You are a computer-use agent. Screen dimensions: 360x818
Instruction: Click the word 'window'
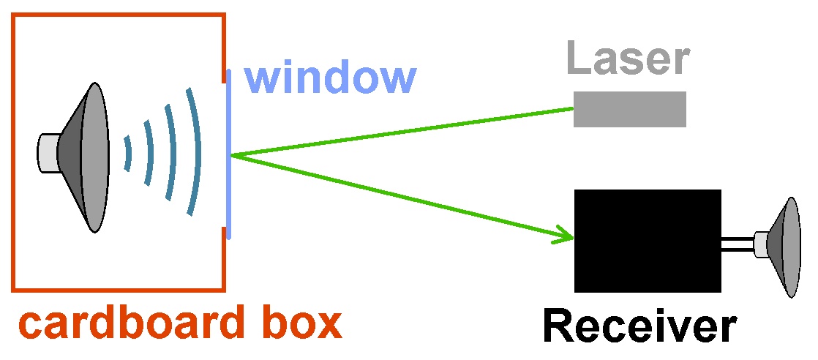pyautogui.click(x=330, y=77)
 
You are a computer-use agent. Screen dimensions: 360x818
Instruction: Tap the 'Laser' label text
pyautogui.click(x=628, y=59)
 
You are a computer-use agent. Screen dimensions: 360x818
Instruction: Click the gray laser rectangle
pyautogui.click(x=629, y=109)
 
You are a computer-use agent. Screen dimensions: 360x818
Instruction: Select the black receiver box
pyautogui.click(x=648, y=240)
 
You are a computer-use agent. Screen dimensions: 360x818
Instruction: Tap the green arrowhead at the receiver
pyautogui.click(x=566, y=236)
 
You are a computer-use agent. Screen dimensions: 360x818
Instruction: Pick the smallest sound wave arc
pyautogui.click(x=128, y=154)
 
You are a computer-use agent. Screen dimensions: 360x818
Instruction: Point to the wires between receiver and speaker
pyautogui.click(x=738, y=245)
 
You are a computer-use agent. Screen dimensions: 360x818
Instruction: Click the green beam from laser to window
pyautogui.click(x=402, y=132)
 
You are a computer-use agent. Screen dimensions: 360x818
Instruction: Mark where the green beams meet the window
pyautogui.click(x=231, y=155)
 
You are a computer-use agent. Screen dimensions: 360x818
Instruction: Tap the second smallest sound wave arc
pyautogui.click(x=149, y=153)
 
